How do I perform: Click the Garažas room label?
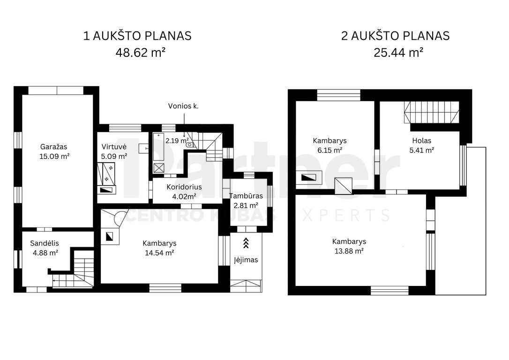[x=53, y=147]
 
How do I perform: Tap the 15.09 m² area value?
[x=54, y=156]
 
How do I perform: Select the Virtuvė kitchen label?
[x=113, y=147]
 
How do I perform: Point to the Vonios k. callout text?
[x=183, y=106]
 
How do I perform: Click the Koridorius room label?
[x=184, y=187]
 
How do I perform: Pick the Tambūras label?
[x=246, y=196]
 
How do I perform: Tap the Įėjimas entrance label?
[x=246, y=260]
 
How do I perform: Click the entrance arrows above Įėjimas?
[x=246, y=243]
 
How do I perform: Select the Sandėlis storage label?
[x=45, y=243]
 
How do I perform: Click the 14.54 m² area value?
[x=159, y=253]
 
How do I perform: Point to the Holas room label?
[x=422, y=141]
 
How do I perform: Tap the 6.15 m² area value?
[x=329, y=150]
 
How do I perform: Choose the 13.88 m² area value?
[x=349, y=251]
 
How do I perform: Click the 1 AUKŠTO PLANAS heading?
[x=137, y=36]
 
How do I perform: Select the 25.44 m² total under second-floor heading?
[x=398, y=52]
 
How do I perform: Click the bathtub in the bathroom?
[x=159, y=146]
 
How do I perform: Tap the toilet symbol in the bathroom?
[x=191, y=144]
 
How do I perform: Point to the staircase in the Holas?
[x=432, y=112]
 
